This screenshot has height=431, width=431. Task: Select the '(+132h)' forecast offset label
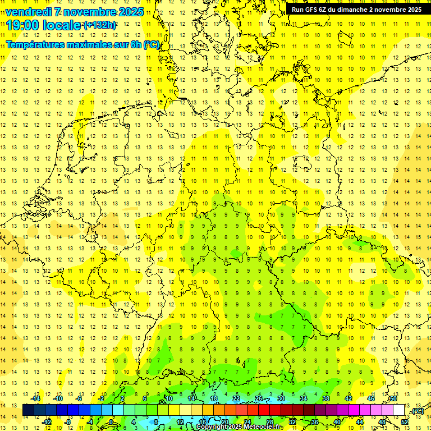click(100, 25)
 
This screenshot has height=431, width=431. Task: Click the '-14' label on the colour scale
click(36, 398)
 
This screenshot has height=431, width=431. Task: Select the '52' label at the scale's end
click(405, 422)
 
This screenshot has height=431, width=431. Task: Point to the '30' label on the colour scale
click(281, 398)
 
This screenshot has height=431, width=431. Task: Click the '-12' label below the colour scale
click(47, 422)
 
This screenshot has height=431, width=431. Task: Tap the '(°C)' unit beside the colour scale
click(417, 411)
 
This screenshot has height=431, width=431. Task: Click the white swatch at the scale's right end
click(399, 410)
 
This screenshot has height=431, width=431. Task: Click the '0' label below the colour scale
click(112, 422)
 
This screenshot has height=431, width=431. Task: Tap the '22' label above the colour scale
click(236, 398)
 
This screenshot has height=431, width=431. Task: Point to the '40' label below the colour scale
click(337, 422)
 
